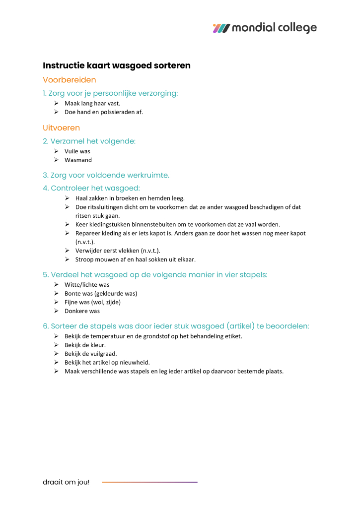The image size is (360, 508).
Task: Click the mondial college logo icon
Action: (221, 28)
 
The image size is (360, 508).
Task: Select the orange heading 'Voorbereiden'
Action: (70, 80)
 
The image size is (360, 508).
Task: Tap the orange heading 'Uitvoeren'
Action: (62, 128)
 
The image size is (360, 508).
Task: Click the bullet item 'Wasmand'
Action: (78, 160)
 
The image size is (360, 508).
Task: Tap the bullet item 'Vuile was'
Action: (77, 151)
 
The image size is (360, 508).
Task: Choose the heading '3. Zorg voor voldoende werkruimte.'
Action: (106, 175)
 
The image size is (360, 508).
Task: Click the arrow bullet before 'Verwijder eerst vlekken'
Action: (67, 251)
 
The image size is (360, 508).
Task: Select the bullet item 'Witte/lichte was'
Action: (87, 285)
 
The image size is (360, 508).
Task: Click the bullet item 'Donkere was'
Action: (82, 311)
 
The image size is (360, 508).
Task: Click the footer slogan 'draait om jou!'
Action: (66, 482)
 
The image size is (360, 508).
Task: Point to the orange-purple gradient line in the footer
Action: (149, 482)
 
